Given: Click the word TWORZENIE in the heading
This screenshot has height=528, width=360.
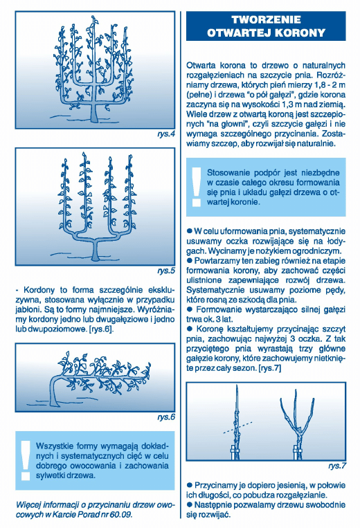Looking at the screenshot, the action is (x=266, y=19).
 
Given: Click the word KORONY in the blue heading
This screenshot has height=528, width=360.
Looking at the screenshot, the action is (x=300, y=33).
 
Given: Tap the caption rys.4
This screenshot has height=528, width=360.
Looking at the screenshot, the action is (x=166, y=134).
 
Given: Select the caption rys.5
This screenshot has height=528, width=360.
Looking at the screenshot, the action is (x=166, y=271).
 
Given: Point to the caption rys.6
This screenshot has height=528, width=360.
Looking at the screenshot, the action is (x=166, y=417).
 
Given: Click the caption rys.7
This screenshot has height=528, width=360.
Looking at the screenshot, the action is (x=337, y=466).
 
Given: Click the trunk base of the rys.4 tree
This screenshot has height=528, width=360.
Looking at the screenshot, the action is (x=95, y=113).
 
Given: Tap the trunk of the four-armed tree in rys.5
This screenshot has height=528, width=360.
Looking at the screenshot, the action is (x=96, y=251).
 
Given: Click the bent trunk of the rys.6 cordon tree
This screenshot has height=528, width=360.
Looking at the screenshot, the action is (x=53, y=390).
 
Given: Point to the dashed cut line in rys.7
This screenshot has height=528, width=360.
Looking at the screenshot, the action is (x=237, y=428).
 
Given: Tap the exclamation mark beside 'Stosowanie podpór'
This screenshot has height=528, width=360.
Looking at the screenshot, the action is (x=196, y=187).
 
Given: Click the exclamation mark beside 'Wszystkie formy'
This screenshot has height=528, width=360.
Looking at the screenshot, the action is (x=25, y=460).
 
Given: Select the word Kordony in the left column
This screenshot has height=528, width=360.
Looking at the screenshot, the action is (x=40, y=290).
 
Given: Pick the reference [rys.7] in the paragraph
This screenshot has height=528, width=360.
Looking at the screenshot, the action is (x=269, y=368).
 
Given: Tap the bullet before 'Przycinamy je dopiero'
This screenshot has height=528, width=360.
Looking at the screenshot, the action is (x=189, y=485).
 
